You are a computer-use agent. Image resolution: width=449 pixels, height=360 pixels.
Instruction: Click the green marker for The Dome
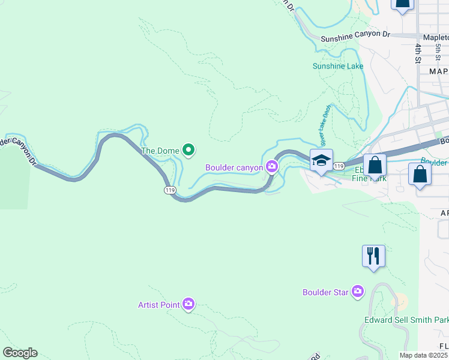(x=188, y=150)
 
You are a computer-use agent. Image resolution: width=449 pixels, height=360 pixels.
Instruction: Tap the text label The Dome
(x=160, y=151)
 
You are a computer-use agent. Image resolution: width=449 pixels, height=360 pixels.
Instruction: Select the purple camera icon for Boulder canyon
(x=272, y=167)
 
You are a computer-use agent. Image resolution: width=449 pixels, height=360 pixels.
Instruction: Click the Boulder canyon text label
(x=234, y=167)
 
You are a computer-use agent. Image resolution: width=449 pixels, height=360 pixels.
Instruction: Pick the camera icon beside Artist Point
(x=188, y=304)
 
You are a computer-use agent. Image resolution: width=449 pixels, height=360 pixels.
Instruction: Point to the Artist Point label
(x=159, y=305)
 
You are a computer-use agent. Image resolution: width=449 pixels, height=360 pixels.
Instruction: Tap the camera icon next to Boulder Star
(x=358, y=292)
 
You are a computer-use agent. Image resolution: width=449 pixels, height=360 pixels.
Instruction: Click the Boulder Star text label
(x=325, y=293)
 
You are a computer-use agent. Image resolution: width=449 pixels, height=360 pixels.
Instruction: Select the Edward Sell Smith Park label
(x=406, y=320)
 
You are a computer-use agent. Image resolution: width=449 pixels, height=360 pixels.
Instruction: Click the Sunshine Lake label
(x=338, y=66)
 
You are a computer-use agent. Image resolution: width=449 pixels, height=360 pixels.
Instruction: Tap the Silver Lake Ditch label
(x=325, y=126)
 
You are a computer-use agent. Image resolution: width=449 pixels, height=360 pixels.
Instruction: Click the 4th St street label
(x=418, y=52)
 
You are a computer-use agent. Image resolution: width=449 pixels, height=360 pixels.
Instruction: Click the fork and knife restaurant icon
(x=373, y=256)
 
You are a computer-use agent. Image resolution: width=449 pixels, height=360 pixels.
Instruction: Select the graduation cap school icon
(x=321, y=160)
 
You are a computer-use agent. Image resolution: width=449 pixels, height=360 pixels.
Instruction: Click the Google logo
(x=20, y=353)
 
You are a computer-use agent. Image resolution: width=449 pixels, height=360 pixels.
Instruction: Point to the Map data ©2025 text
(x=424, y=355)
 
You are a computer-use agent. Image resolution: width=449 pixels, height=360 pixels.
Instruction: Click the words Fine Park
(x=369, y=178)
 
